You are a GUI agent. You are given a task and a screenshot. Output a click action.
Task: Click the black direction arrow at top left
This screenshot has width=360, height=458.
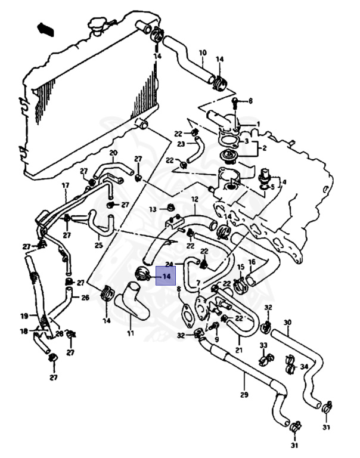tap(45, 28)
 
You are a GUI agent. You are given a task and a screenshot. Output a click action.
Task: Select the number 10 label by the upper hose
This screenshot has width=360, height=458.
tap(202, 53)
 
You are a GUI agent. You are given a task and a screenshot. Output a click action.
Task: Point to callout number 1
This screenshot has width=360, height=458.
tap(258, 124)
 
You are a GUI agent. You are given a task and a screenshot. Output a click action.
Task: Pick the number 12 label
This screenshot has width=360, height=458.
tap(194, 199)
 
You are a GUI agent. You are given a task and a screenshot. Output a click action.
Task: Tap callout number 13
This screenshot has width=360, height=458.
tap(153, 209)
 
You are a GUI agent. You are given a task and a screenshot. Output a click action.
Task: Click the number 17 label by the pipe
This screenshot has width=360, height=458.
tap(66, 185)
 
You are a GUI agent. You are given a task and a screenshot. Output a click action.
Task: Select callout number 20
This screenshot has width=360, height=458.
tap(113, 153)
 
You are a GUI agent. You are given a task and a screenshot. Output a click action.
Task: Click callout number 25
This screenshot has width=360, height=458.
tap(98, 245)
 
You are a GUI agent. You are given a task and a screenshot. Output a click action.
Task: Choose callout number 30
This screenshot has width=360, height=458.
tap(287, 323)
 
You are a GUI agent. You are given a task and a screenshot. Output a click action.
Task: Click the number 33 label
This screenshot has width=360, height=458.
tap(263, 345)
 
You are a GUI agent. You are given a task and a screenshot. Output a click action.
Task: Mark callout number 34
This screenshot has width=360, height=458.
tap(304, 366)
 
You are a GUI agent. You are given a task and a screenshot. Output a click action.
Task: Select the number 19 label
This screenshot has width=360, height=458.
tap(24, 315)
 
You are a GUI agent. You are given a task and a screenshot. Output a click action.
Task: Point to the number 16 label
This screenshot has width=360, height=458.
tap(252, 262)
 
